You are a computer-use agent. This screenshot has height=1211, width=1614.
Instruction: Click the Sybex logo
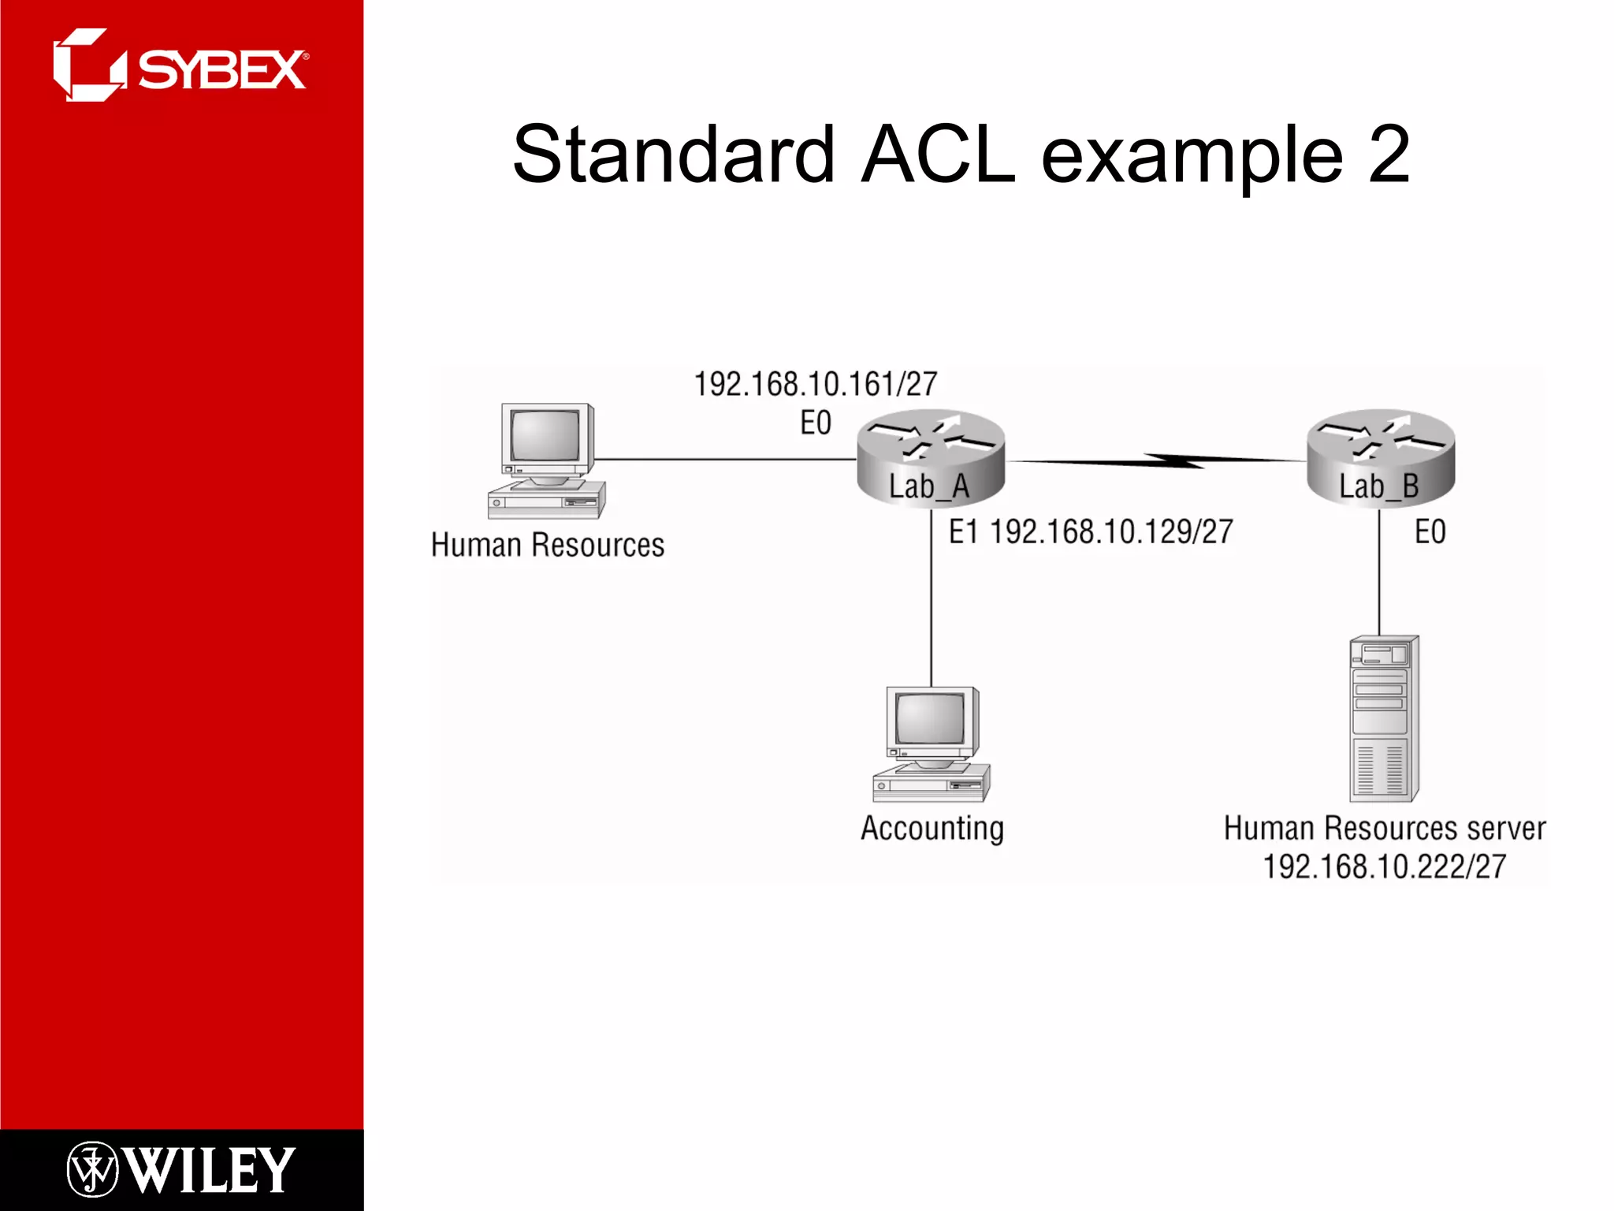point(180,67)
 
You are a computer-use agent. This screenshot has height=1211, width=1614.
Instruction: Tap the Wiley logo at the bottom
point(180,1170)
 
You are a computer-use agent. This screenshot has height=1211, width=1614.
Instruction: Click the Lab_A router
point(931,458)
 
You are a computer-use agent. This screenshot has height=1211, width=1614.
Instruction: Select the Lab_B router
point(1380,458)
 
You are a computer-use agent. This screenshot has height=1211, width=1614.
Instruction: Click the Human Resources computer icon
point(547,461)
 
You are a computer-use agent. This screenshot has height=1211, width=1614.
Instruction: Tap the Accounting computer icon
point(932,744)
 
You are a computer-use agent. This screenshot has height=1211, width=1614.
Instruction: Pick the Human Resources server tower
point(1384,718)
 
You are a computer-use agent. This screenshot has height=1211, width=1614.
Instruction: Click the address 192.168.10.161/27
point(815,385)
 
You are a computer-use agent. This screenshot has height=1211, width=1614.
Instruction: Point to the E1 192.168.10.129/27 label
point(1090,532)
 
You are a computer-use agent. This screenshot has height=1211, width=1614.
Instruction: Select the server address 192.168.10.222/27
point(1384,867)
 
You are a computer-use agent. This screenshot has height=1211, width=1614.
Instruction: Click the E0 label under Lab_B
point(1430,532)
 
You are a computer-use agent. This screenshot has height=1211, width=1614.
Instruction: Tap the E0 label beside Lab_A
point(816,423)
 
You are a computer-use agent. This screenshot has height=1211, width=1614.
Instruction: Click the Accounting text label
point(932,829)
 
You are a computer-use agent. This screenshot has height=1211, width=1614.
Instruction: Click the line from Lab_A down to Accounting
point(932,599)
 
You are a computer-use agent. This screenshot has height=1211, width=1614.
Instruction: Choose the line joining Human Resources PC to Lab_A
point(725,459)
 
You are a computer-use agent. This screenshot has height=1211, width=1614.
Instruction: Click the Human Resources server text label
point(1384,829)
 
